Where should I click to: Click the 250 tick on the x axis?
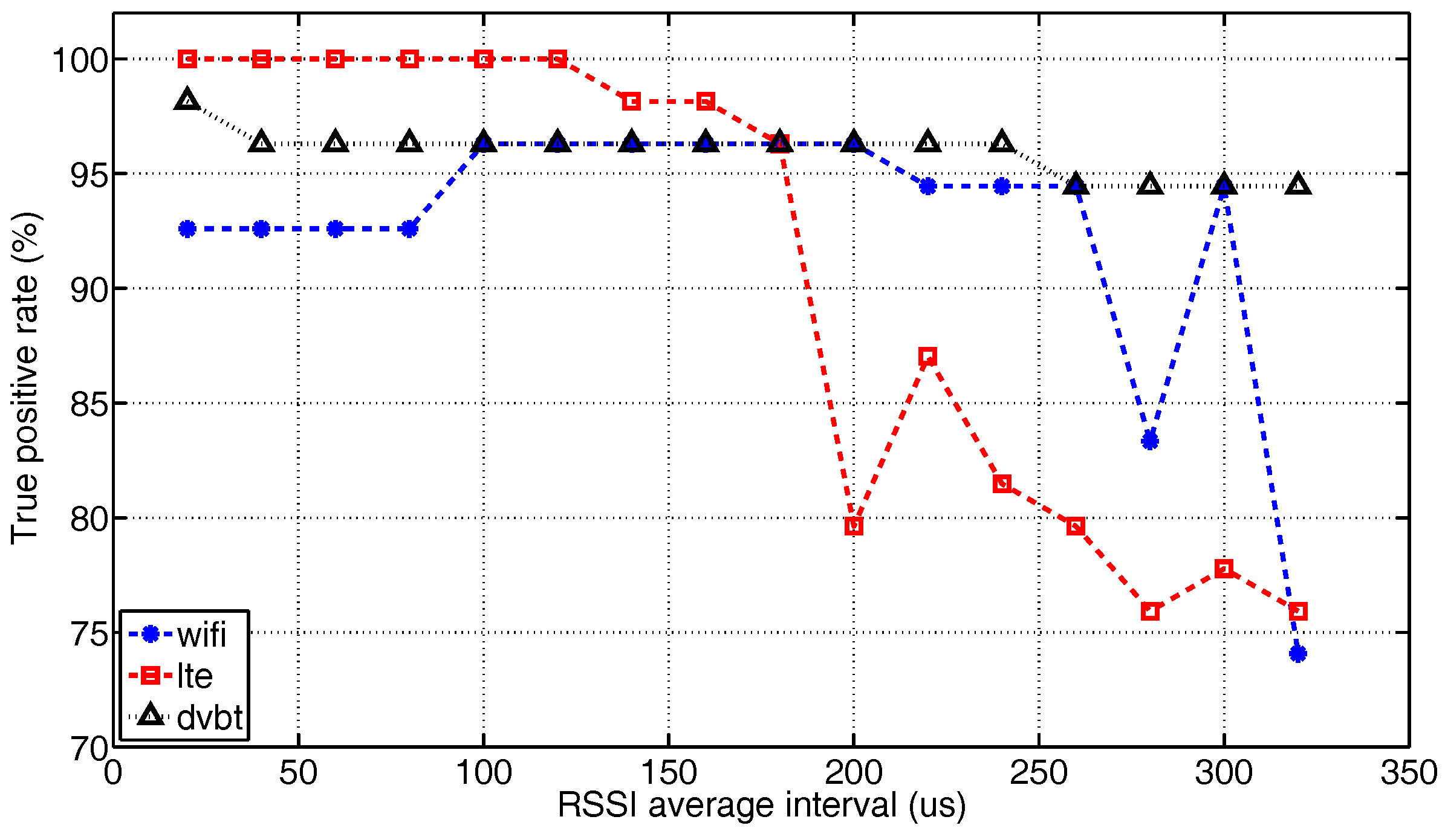(1038, 773)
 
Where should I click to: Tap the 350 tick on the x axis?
(1408, 773)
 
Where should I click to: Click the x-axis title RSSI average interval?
(761, 806)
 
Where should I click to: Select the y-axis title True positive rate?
(25, 378)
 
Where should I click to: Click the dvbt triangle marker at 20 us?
(187, 99)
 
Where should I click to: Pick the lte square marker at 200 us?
(853, 526)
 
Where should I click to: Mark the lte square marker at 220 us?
(927, 356)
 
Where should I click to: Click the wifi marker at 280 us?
(1149, 441)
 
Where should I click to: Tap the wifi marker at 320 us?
(1297, 653)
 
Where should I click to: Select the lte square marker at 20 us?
(187, 59)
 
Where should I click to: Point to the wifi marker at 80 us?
(409, 229)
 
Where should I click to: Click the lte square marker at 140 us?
(631, 102)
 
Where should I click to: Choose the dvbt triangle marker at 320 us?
(1297, 184)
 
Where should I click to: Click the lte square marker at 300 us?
(1224, 568)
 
